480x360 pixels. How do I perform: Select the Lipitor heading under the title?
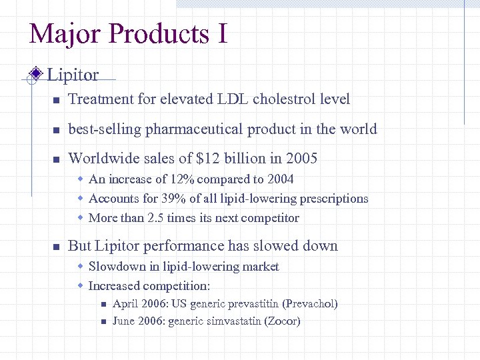tap(73, 75)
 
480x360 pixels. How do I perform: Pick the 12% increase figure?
tap(180, 179)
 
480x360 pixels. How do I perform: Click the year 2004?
tap(279, 179)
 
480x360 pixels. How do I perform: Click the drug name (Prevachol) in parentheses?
tap(310, 304)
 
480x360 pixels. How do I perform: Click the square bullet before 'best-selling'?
tap(57, 130)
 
